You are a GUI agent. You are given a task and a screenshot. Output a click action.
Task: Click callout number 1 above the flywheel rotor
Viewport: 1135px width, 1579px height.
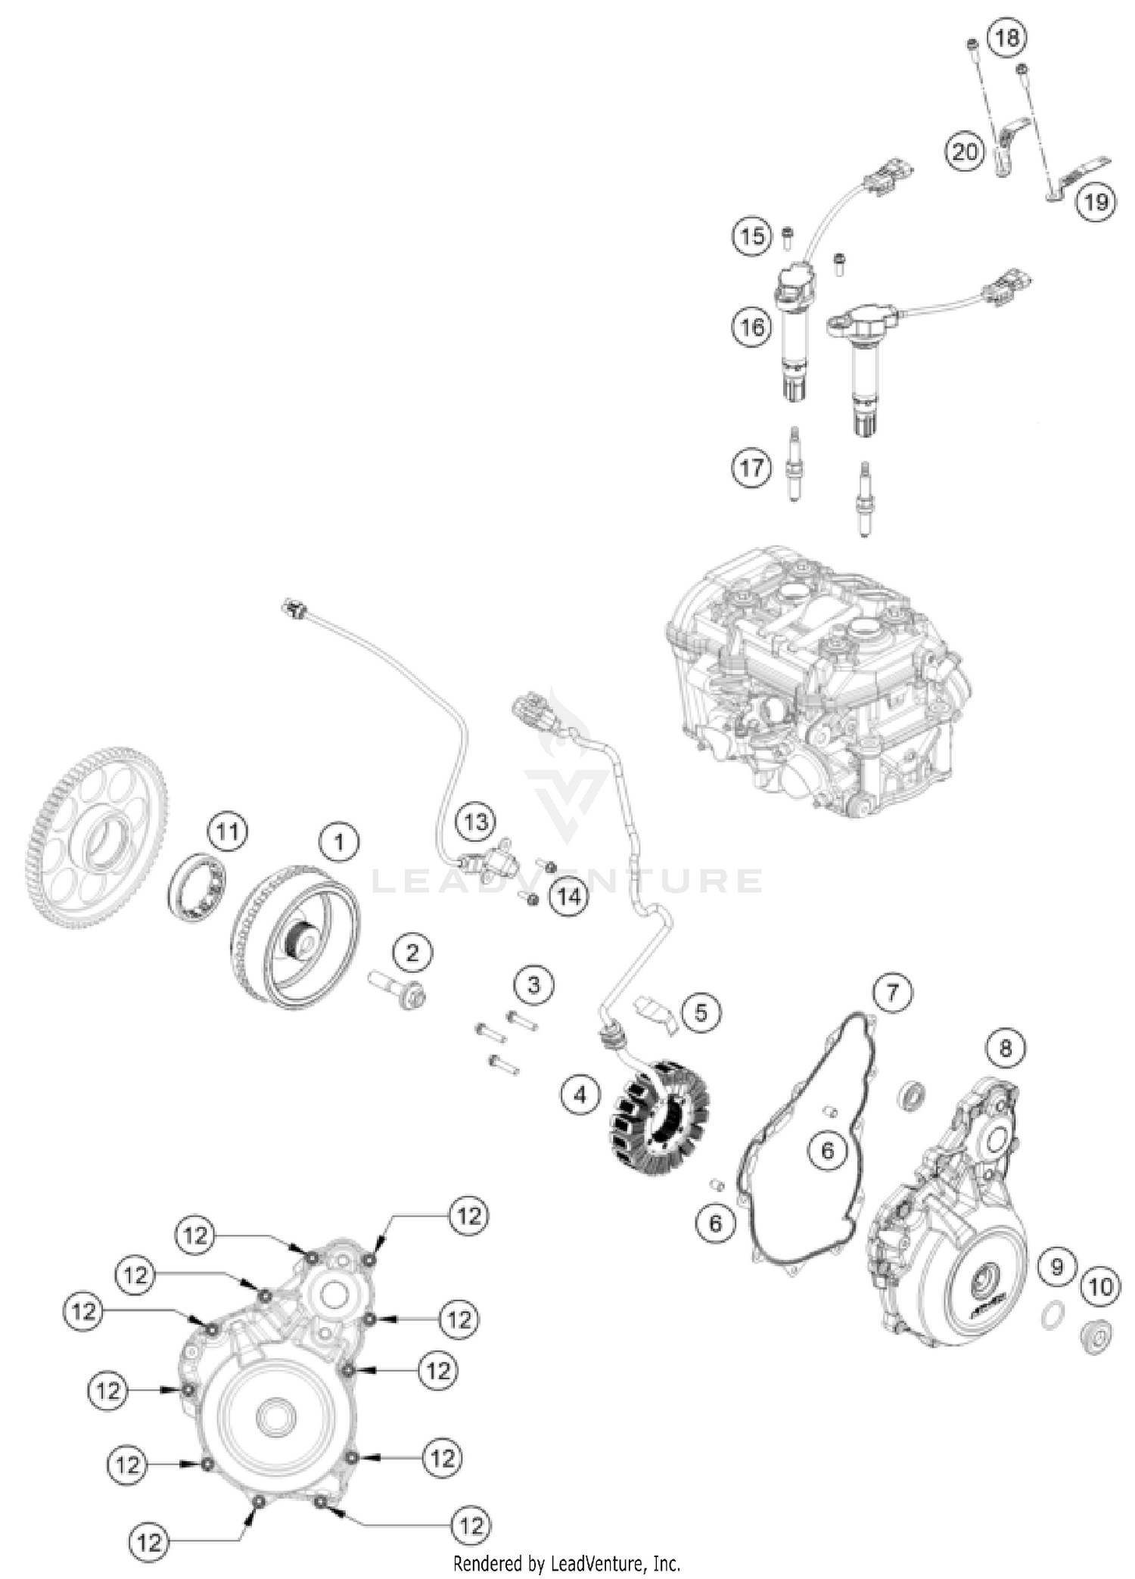coord(338,842)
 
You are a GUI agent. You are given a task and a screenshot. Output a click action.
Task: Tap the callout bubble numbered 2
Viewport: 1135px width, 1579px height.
coord(412,952)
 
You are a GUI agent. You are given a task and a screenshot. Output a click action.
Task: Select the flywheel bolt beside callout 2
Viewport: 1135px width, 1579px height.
coord(398,990)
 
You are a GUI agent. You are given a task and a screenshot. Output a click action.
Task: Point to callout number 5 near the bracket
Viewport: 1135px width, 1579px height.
coord(701,1012)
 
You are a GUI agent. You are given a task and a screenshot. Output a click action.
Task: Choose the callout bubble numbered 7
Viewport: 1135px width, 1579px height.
coord(893,991)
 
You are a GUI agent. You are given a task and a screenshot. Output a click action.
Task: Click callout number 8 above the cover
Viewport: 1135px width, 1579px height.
coord(1006,1048)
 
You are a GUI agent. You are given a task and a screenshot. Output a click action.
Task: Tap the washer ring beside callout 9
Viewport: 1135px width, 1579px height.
coord(1049,1317)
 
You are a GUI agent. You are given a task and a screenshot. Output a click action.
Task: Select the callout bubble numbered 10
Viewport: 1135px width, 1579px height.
coord(1100,1286)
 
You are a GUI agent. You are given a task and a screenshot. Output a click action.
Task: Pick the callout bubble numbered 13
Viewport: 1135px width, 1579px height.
coord(476,821)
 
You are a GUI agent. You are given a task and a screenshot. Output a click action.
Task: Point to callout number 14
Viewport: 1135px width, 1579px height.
coord(569,897)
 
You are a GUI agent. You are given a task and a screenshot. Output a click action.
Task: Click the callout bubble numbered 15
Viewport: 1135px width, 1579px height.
coord(752,236)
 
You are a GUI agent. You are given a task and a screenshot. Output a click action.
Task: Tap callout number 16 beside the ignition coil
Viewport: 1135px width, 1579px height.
coord(752,327)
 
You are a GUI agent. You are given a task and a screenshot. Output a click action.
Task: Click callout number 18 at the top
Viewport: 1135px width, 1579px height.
coord(1007,36)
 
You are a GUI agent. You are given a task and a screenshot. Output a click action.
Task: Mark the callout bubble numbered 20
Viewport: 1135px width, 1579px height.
coord(964,153)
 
